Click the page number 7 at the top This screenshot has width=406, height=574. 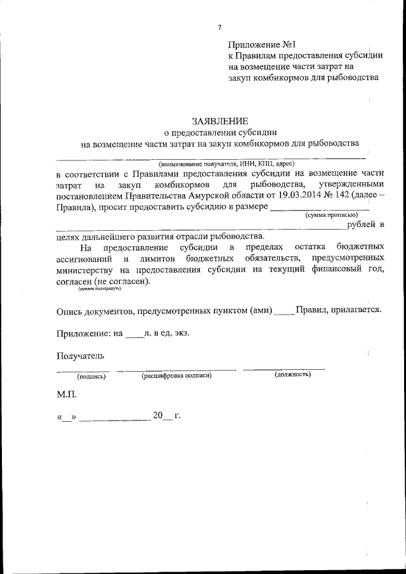point(219,27)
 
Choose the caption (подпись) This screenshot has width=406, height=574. point(91,376)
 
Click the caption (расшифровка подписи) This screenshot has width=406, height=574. point(176,376)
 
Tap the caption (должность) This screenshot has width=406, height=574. point(292,375)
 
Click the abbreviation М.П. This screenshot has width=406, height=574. point(66,395)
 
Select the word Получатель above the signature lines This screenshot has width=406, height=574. point(79,356)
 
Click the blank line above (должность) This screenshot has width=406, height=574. point(284,368)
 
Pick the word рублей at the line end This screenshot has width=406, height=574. point(362,225)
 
